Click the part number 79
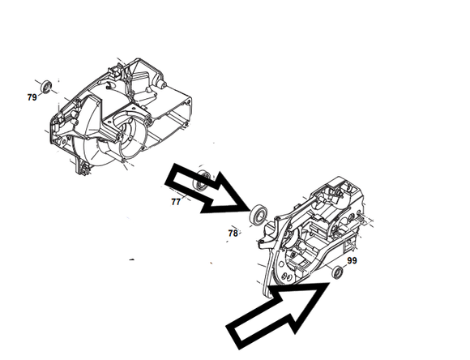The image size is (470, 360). click(32, 97)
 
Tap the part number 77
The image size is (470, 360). click(176, 202)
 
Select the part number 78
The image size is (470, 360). click(233, 233)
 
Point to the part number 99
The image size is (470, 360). click(352, 260)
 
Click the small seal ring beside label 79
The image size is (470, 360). click(46, 87)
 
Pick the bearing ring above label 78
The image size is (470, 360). click(258, 215)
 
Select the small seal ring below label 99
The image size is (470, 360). click(338, 272)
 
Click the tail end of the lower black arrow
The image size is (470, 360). click(235, 337)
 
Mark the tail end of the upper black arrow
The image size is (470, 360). click(169, 174)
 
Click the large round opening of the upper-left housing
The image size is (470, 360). click(132, 134)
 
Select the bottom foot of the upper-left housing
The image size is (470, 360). click(82, 167)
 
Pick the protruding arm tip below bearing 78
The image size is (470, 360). click(262, 242)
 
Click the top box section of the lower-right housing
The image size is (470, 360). click(344, 187)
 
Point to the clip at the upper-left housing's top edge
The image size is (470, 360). click(115, 70)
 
